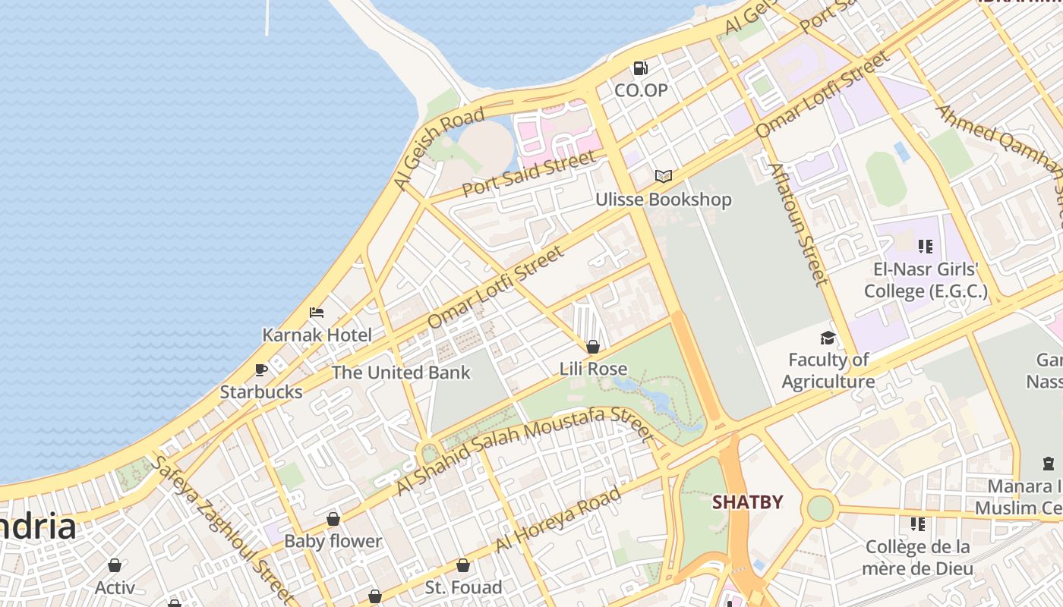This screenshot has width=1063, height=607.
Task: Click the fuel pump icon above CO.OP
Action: pos(641,68)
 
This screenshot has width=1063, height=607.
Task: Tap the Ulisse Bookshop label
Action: pos(663,200)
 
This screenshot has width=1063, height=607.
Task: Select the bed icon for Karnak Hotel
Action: pos(317,313)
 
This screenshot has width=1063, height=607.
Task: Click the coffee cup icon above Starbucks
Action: pos(261,370)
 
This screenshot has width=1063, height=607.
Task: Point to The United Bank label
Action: pos(401,373)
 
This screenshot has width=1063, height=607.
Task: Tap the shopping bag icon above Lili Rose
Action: pos(593,347)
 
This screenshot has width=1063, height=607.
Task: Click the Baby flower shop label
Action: pos(333,541)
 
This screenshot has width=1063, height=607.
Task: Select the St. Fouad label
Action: pos(463,587)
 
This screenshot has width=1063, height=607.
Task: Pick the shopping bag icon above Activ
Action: pos(115,565)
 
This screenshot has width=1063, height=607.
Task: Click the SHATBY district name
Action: pos(747,502)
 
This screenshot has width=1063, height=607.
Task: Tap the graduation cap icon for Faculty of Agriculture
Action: pos(828,338)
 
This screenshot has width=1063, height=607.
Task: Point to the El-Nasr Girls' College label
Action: pos(926,280)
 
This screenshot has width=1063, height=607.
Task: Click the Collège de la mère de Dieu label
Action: pos(918,558)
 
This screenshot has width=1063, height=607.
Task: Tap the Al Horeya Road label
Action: pos(558,520)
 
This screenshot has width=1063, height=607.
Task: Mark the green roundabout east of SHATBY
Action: pos(820,508)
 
